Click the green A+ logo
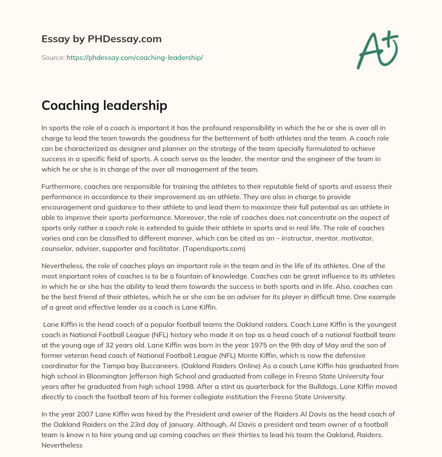tap(377, 50)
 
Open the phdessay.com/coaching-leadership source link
tap(135, 57)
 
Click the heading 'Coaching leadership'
tap(104, 106)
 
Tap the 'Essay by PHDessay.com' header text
tap(101, 39)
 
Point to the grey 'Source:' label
tap(53, 57)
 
